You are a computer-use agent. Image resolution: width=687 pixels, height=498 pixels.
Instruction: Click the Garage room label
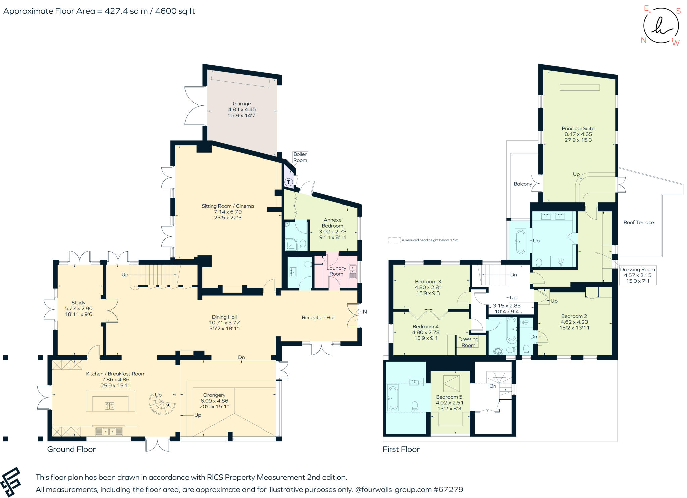242,104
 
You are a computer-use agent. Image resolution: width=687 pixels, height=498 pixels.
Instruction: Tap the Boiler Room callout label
300,157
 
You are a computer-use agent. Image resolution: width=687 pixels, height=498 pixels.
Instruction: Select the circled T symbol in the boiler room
288,182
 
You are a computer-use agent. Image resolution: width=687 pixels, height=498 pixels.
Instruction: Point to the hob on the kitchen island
110,406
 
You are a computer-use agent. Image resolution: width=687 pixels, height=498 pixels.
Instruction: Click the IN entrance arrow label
361,312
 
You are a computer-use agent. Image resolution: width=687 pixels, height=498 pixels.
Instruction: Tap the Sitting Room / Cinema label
227,206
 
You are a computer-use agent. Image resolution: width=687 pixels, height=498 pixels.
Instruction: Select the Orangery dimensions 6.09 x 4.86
214,401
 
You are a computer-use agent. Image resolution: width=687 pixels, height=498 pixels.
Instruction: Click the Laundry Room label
336,271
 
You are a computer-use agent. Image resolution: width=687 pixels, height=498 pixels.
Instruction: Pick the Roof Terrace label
638,222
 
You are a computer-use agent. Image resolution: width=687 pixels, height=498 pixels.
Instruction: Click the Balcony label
523,184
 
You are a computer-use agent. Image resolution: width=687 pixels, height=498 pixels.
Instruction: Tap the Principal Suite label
578,128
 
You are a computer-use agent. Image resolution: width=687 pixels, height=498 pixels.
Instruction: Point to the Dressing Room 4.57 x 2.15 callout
637,275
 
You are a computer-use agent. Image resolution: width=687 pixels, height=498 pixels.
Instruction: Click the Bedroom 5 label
449,397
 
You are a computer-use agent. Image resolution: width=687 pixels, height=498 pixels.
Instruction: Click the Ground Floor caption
71,449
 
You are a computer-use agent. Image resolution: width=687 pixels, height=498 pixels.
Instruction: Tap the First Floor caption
401,449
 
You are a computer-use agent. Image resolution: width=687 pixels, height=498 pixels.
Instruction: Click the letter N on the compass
643,40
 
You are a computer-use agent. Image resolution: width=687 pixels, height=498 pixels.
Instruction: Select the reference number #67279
448,489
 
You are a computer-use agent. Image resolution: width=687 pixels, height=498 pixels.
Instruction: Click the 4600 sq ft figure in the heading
175,11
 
